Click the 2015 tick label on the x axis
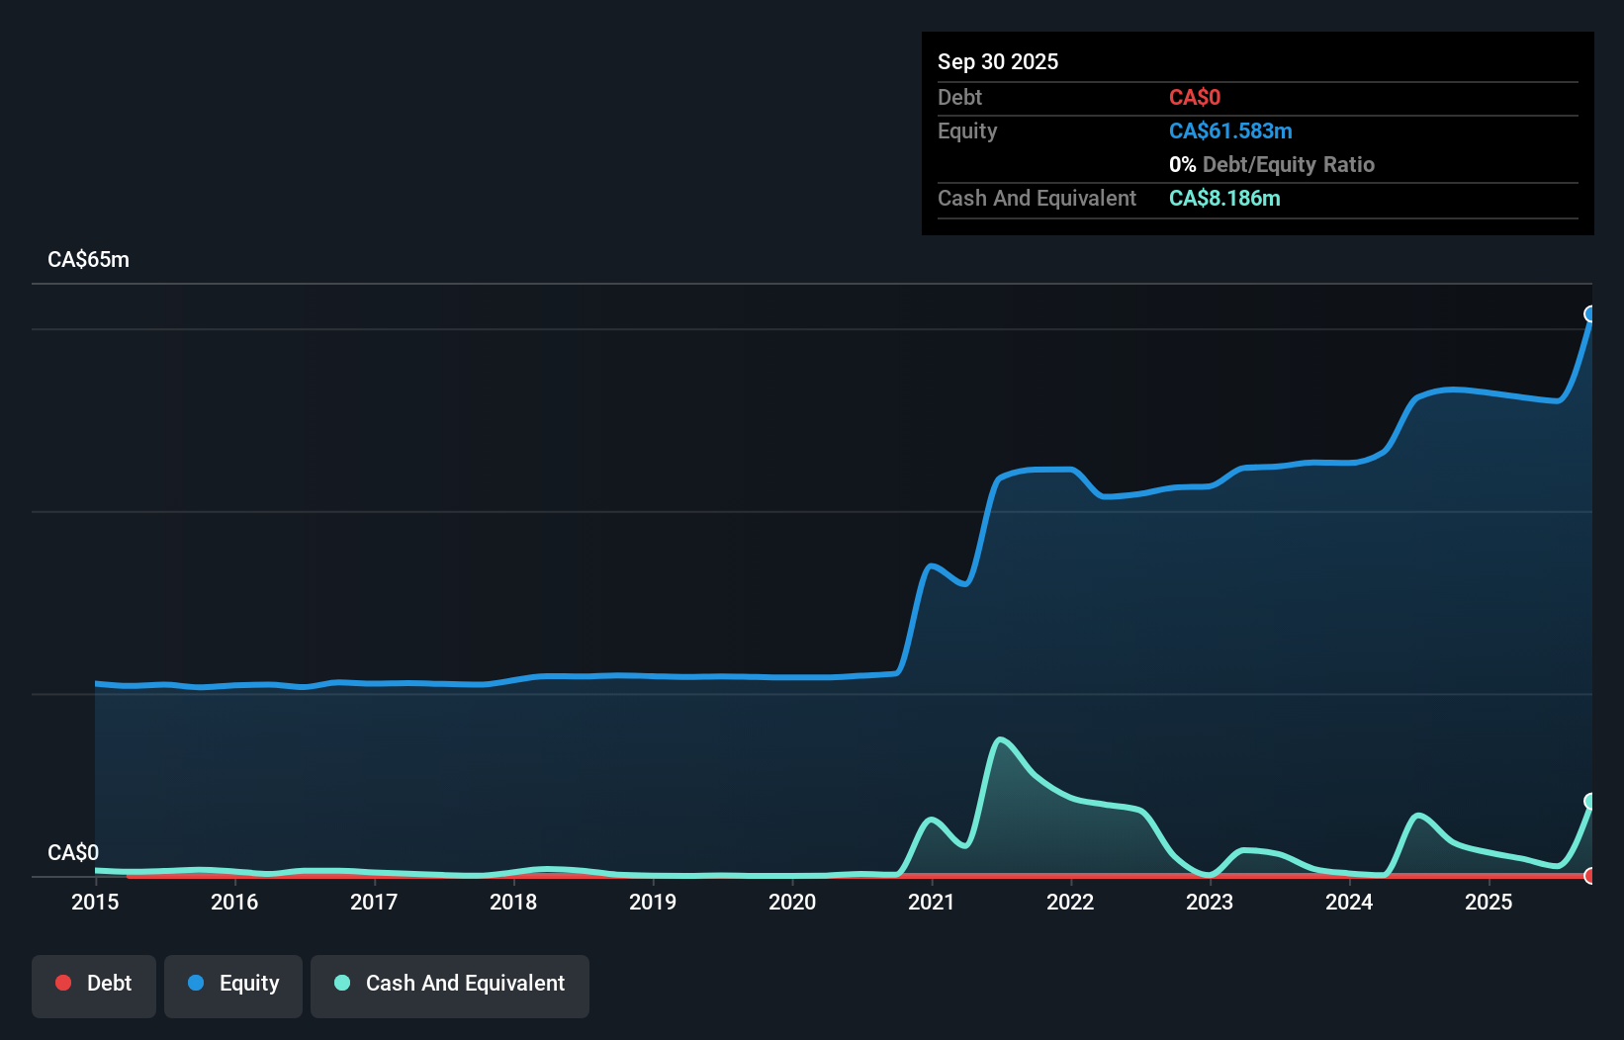click(95, 902)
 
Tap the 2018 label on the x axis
click(513, 902)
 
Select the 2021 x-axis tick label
click(931, 902)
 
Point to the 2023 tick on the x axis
click(1210, 902)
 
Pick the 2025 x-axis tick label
click(1489, 902)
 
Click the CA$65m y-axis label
click(88, 260)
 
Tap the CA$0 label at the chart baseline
click(73, 852)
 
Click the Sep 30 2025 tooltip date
click(997, 61)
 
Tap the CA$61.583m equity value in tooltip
click(1230, 131)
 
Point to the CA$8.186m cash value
click(1224, 199)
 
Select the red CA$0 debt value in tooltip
click(1194, 98)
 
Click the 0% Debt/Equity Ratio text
click(1271, 165)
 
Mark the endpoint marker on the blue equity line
click(1590, 314)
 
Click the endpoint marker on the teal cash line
click(1590, 801)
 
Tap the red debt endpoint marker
click(1590, 876)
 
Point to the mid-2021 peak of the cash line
click(1001, 739)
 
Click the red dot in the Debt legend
click(63, 983)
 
